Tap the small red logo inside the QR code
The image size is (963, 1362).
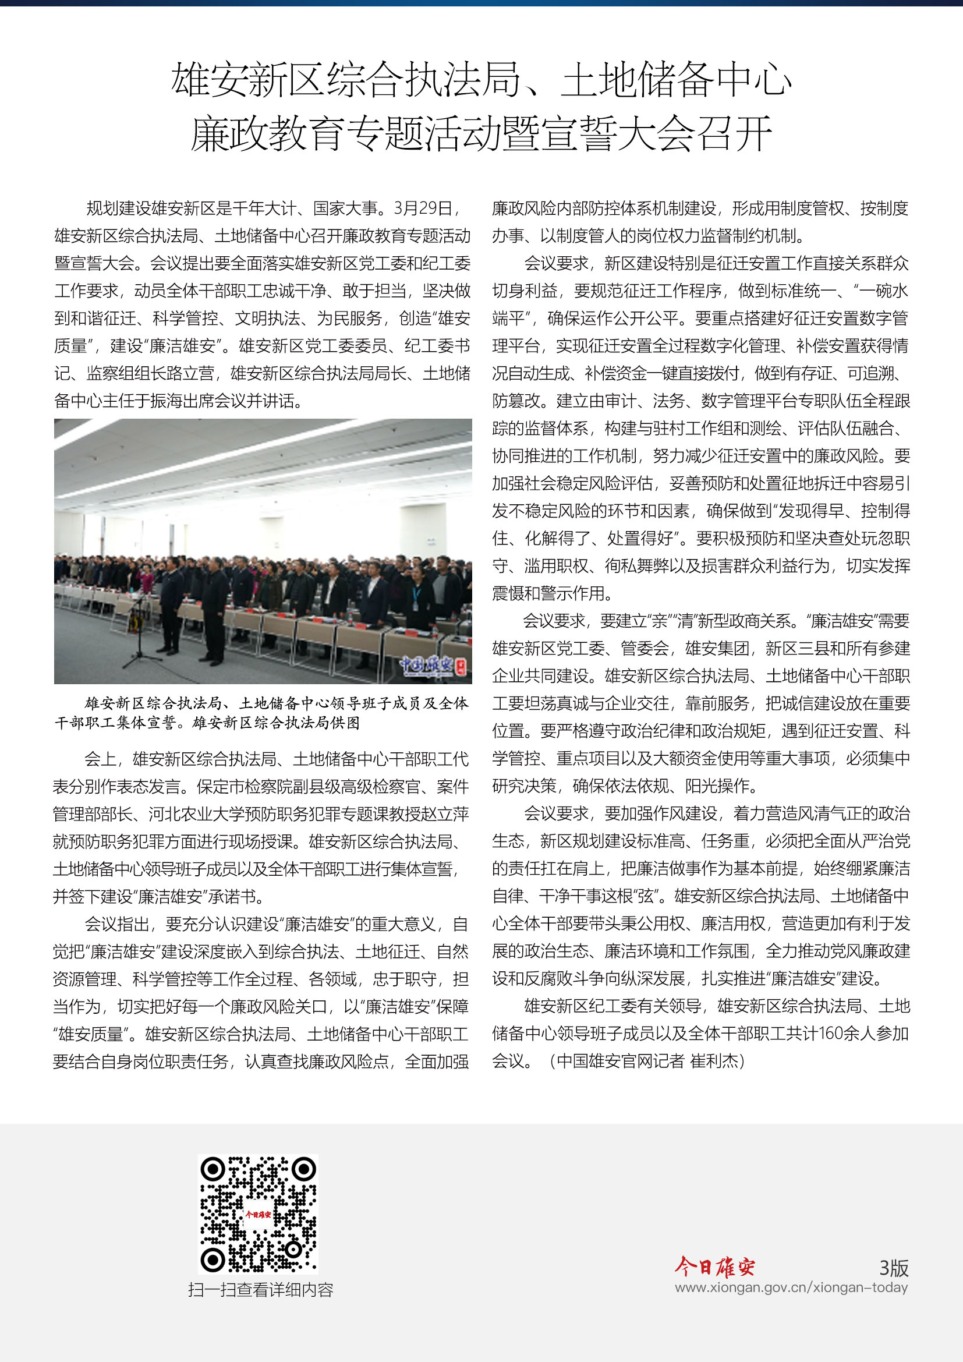(258, 1214)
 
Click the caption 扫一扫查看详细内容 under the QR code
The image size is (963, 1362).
(260, 1290)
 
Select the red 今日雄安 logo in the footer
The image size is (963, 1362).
(714, 1267)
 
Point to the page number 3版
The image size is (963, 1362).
(894, 1268)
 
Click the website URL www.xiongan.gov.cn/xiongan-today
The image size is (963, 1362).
(791, 1287)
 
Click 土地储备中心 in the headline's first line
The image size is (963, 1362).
(676, 80)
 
